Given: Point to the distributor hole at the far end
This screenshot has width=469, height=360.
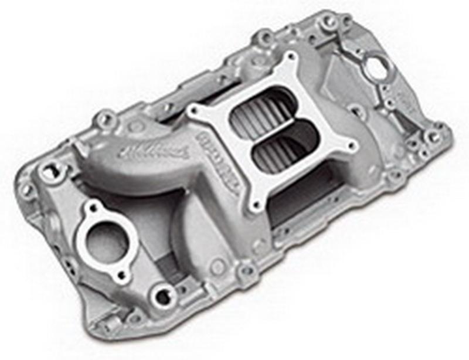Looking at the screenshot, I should [375, 66].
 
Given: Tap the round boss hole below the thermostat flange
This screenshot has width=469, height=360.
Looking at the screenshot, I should [159, 293].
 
